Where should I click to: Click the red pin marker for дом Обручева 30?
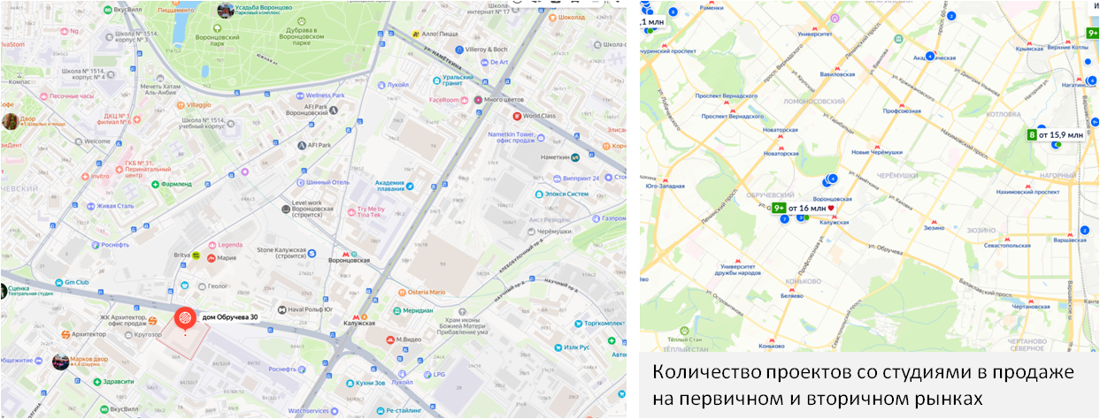(x=184, y=316)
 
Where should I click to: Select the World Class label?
(x=544, y=115)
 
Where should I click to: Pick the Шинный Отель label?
(x=327, y=182)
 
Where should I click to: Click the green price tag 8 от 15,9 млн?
(x=1056, y=135)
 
